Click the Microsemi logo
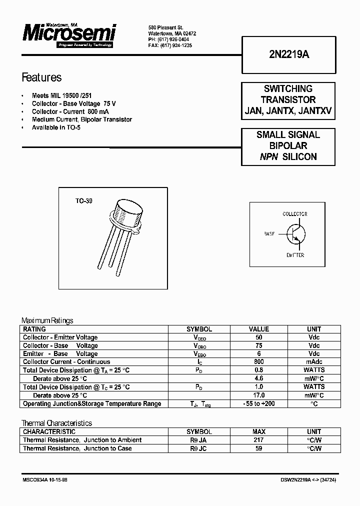(x=68, y=34)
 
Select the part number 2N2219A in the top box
(x=288, y=55)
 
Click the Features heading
(x=41, y=77)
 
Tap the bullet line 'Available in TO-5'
(x=56, y=127)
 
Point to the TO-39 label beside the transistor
(x=83, y=201)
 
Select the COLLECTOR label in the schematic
(x=294, y=214)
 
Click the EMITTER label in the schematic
(x=295, y=255)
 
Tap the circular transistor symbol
(x=295, y=234)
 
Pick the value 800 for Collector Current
(x=259, y=361)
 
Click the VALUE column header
(x=259, y=329)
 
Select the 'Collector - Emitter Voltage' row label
(x=60, y=337)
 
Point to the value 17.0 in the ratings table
(x=259, y=395)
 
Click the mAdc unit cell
(x=314, y=361)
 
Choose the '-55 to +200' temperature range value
(x=259, y=403)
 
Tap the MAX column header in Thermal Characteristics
(x=259, y=431)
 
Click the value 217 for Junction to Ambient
(x=259, y=440)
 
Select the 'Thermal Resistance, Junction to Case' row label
(x=77, y=448)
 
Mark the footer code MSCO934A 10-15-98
(x=45, y=479)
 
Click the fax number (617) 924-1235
(x=170, y=45)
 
